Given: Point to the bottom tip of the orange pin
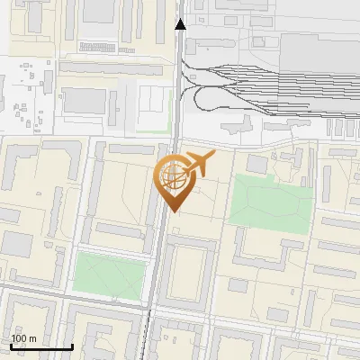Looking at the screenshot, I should [x=173, y=211].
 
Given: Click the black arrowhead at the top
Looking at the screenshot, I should [x=180, y=24].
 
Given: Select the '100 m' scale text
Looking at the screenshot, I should [x=23, y=338].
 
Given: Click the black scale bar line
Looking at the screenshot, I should [x=40, y=346].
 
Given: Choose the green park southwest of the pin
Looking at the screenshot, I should [x=109, y=275].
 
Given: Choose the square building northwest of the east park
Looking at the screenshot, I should [x=257, y=164].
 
